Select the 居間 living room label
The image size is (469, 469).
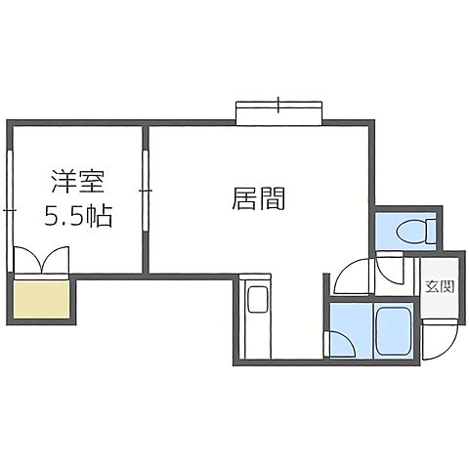tap(259, 199)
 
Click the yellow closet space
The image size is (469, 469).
tap(43, 299)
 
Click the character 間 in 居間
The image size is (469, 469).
tap(273, 199)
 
